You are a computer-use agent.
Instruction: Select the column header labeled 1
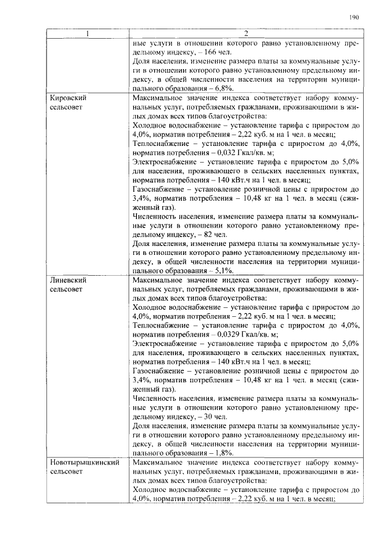coord(87,33)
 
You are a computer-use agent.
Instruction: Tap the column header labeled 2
coord(245,33)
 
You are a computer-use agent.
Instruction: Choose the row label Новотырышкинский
coord(85,462)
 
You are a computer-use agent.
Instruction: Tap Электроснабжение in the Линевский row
coord(164,344)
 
